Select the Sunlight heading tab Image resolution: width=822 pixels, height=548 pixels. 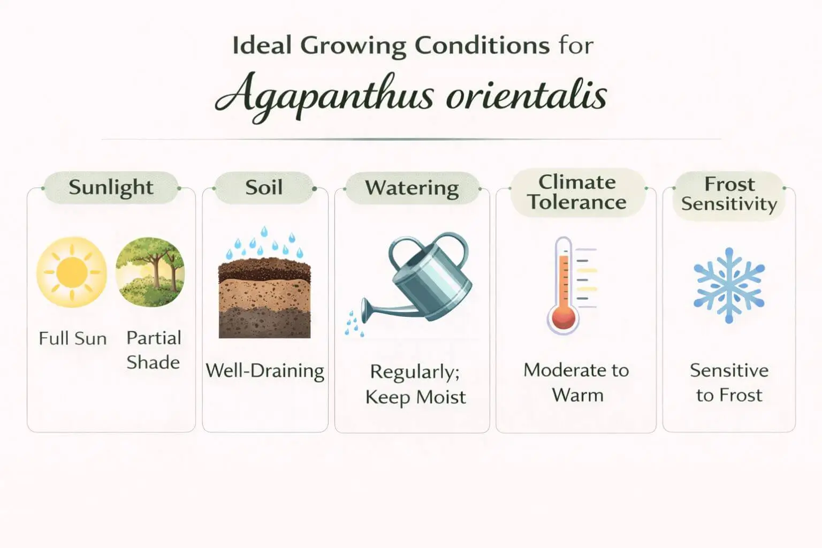111,187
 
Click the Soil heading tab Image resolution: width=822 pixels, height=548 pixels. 264,187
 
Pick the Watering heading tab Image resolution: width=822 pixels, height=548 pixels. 412,188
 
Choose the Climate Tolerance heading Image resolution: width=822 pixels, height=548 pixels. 577,193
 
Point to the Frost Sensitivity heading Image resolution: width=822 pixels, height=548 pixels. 729,194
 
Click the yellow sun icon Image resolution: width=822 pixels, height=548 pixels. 72,272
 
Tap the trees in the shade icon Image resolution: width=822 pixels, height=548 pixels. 150,272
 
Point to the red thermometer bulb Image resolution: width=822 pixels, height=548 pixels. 563,318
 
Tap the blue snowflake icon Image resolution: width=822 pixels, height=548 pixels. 729,285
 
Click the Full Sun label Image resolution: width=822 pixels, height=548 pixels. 73,339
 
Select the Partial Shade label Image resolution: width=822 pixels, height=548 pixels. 154,350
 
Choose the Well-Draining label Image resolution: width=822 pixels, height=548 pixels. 265,371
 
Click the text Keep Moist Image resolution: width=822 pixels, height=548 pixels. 415,397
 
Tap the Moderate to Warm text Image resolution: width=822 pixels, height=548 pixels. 577,382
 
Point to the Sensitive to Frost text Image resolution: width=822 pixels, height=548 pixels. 729,382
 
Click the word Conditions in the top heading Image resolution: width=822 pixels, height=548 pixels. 482,46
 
